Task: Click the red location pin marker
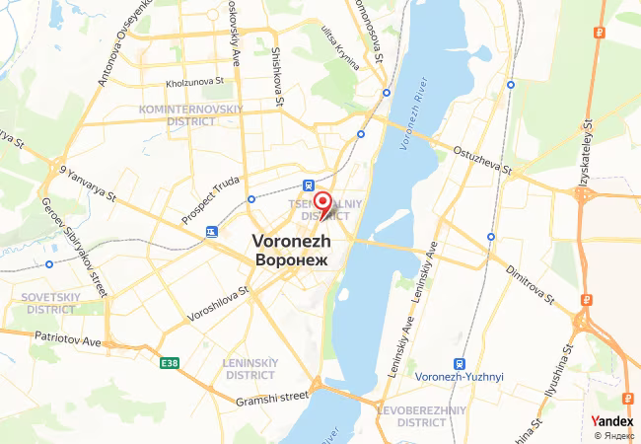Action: pos(322,200)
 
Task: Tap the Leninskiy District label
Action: pos(249,369)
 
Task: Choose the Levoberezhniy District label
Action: pos(435,415)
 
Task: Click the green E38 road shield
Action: pos(170,364)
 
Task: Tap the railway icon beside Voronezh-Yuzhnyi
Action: pos(459,362)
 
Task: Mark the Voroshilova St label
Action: pos(215,306)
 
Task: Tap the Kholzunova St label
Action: pos(196,83)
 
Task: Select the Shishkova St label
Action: pos(277,79)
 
